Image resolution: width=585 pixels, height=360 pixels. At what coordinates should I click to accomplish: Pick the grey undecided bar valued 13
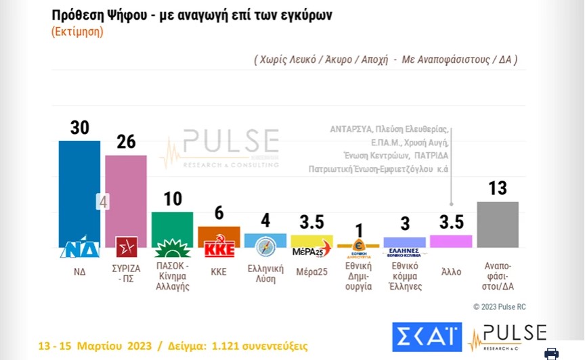pos(498,224)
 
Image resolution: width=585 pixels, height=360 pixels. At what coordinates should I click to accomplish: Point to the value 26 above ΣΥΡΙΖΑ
pos(126,142)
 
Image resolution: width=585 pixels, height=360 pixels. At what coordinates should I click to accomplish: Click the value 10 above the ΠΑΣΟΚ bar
pos(172,199)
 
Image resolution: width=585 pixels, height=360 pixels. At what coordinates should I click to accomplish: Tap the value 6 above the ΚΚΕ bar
pos(218,212)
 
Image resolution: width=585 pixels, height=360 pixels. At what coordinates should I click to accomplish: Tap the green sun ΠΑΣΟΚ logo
pos(172,246)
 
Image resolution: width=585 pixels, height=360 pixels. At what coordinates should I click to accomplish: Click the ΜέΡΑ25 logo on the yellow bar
pos(311,249)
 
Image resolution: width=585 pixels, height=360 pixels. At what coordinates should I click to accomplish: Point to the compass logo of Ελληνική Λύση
pos(265,246)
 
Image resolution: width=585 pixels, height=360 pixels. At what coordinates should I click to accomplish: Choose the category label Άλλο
pos(451,271)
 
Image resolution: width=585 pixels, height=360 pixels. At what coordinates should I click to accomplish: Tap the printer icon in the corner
pos(552,353)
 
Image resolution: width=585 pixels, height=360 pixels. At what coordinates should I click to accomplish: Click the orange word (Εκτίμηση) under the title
pos(77,32)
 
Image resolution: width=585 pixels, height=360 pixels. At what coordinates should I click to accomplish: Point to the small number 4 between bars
pos(103,201)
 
